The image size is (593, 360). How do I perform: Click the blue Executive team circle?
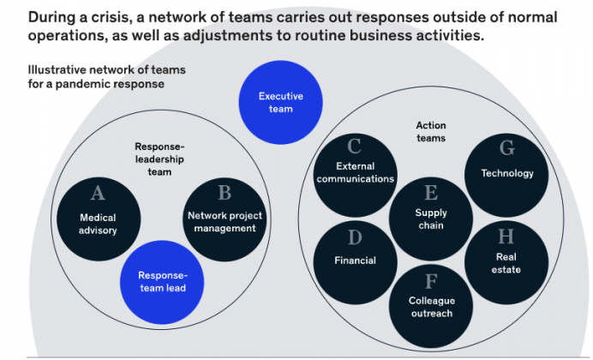[x=280, y=103]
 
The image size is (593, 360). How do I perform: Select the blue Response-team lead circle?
[x=162, y=282]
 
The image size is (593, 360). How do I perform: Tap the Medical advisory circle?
[x=99, y=219]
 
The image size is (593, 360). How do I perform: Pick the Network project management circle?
[x=225, y=219]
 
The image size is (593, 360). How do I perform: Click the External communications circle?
[x=355, y=175]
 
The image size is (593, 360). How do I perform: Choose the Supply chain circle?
[x=431, y=219]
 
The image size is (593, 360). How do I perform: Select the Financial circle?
[x=355, y=262]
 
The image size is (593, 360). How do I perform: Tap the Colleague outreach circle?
[x=431, y=306]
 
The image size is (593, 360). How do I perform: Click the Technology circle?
[x=506, y=175]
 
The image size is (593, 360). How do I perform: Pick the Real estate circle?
[x=506, y=262]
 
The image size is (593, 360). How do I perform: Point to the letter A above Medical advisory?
[x=98, y=193]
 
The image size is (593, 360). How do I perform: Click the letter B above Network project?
[x=225, y=193]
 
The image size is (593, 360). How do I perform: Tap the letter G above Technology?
[x=506, y=147]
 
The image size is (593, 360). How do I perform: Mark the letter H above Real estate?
[x=506, y=237]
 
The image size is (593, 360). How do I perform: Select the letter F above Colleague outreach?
[x=431, y=281]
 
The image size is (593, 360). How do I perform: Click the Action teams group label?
[x=431, y=132]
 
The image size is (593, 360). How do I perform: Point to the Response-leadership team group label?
[x=159, y=159]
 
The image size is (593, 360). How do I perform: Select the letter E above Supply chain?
[x=431, y=193]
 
